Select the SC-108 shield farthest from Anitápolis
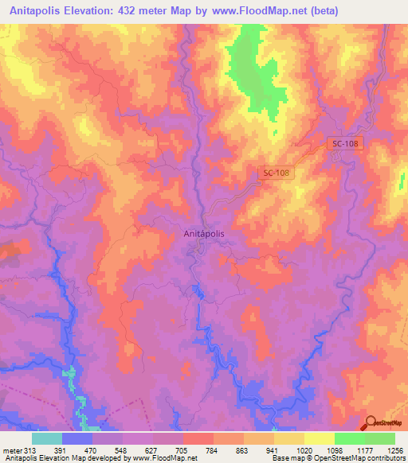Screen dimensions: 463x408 [343, 142]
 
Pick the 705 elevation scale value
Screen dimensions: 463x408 [183, 449]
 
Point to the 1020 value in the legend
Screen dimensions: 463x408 [304, 449]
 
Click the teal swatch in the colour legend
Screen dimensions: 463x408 [47, 438]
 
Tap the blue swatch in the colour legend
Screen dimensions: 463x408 [77, 438]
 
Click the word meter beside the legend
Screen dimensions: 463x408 [13, 449]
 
